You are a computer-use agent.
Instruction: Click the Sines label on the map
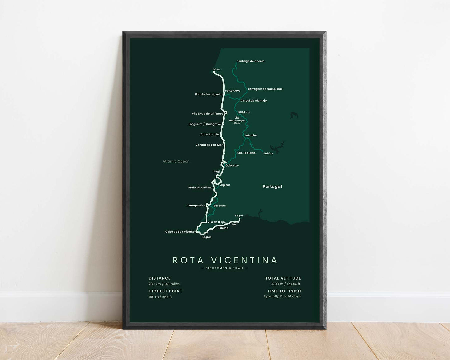click(216, 69)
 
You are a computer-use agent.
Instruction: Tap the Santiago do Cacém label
click(250, 61)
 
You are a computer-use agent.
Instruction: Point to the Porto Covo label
click(233, 91)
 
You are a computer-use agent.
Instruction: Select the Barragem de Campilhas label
click(265, 89)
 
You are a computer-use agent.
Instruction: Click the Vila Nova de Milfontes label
click(207, 114)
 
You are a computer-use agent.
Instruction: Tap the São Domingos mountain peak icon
click(237, 118)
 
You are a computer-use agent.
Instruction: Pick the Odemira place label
click(251, 135)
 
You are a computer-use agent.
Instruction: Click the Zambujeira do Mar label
click(209, 145)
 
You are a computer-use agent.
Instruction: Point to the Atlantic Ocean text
click(176, 161)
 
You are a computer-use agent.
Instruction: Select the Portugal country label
click(272, 187)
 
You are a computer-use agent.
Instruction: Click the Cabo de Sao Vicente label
click(180, 232)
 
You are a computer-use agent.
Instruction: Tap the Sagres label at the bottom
click(206, 237)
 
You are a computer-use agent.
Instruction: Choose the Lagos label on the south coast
click(239, 216)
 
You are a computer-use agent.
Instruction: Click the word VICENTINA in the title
click(244, 260)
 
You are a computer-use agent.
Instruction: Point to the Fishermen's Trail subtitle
click(225, 268)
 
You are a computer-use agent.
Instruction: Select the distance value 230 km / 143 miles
click(164, 284)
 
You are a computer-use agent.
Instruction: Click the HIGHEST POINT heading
click(165, 291)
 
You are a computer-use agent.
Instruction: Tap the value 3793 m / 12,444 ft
click(285, 284)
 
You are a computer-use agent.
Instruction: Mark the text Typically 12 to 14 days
click(282, 296)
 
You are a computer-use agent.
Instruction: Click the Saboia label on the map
click(268, 154)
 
